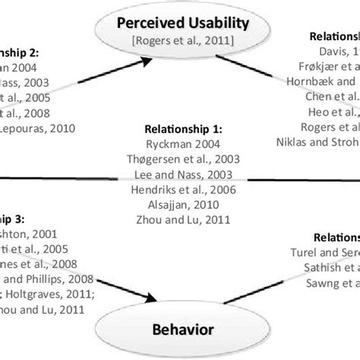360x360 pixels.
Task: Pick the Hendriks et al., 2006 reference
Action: pyautogui.click(x=180, y=189)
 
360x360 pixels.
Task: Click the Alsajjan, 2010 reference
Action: pyautogui.click(x=180, y=205)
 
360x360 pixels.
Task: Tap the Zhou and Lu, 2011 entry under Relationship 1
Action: pyautogui.click(x=180, y=221)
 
